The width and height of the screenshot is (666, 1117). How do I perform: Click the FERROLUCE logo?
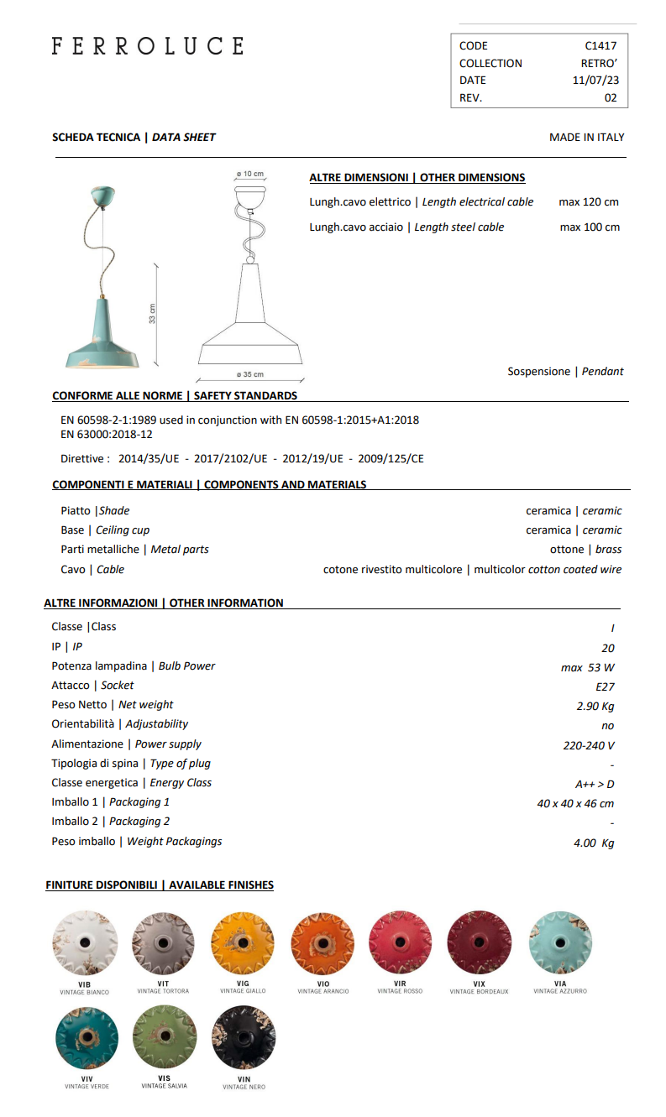148,46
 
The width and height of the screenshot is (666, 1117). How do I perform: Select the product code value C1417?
600,46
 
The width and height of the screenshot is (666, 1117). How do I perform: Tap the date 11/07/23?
595,81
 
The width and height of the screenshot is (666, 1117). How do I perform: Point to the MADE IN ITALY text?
587,137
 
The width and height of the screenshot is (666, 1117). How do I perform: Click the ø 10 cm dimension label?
249,175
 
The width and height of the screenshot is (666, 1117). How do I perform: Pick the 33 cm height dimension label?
153,313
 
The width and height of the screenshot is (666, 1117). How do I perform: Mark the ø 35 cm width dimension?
249,374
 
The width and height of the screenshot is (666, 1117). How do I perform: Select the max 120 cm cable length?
589,202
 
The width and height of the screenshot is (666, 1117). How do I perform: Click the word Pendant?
603,371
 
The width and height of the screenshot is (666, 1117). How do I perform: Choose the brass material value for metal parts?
608,550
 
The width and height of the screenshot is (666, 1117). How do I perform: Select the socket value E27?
605,686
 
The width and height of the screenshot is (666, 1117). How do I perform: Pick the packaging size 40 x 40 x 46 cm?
575,804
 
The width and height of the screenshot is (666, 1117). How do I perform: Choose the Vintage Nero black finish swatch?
244,1038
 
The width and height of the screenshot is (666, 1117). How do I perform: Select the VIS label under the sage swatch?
164,1078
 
